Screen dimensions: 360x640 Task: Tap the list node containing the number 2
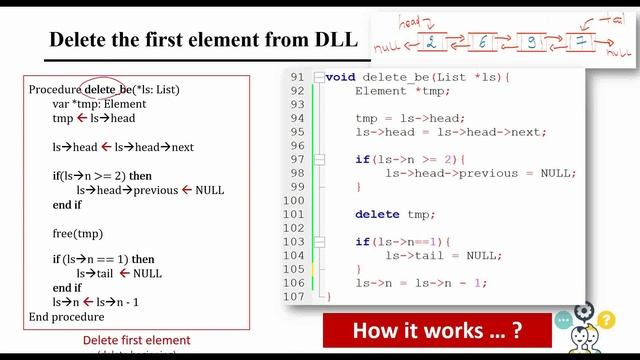click(x=431, y=42)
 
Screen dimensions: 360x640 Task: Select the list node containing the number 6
click(x=482, y=43)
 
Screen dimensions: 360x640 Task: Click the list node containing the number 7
click(x=579, y=43)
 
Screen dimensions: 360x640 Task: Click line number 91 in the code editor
click(x=296, y=77)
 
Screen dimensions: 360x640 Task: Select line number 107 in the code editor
click(x=294, y=296)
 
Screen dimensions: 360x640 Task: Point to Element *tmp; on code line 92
click(x=394, y=91)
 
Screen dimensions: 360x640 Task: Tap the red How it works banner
click(x=437, y=330)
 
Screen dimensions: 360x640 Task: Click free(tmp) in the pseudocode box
click(x=78, y=234)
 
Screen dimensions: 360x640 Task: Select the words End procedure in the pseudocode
click(x=66, y=317)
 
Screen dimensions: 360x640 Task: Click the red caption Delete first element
click(x=136, y=340)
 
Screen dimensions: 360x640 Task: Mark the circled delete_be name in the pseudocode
click(x=108, y=90)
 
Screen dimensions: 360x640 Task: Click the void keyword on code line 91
click(x=341, y=77)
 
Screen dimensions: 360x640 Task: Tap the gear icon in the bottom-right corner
click(x=584, y=312)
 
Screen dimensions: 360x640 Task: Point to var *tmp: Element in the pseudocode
click(x=99, y=104)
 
